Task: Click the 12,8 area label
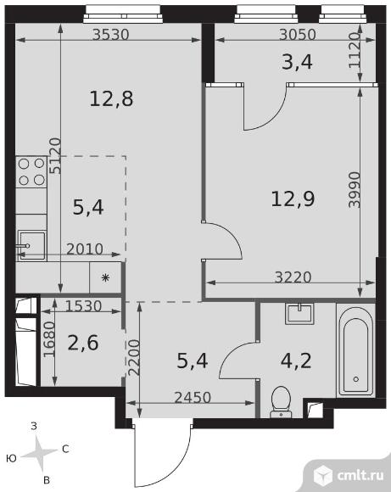111,98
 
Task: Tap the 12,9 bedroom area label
293,198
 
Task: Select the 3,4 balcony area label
297,62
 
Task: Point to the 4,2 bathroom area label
296,361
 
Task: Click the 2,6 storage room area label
83,343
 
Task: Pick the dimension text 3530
111,35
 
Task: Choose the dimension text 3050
298,35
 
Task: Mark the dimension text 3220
293,277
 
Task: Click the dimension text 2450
193,398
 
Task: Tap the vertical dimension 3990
355,189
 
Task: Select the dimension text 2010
85,249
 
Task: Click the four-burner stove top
31,172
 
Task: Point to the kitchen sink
31,246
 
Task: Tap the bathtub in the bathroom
356,349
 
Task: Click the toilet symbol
281,402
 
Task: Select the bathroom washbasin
299,314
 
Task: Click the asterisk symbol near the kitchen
105,277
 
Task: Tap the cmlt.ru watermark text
360,475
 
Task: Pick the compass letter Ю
11,459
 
